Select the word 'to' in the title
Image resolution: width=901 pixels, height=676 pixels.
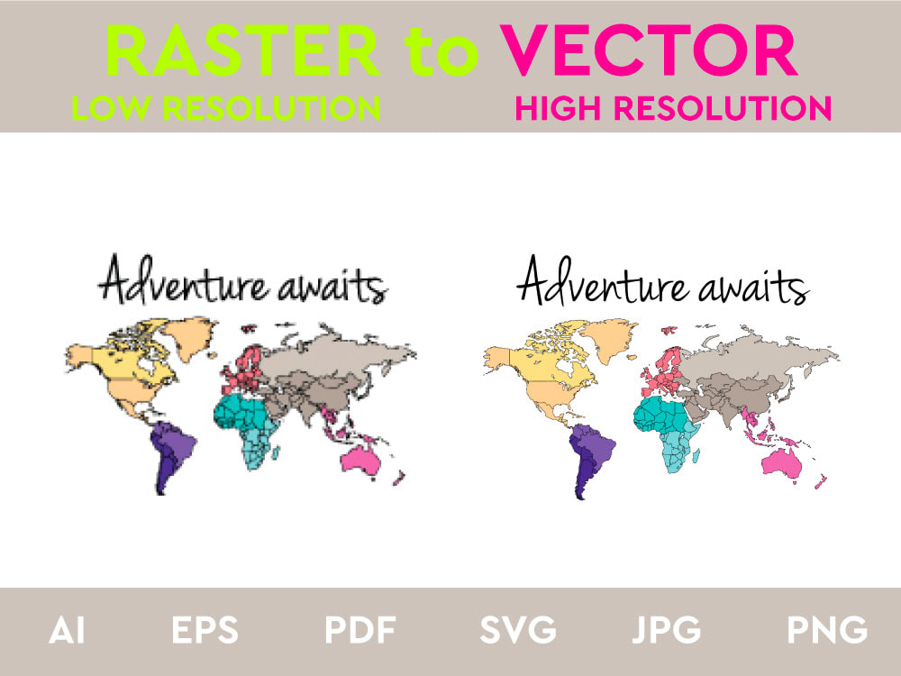pyautogui.click(x=441, y=54)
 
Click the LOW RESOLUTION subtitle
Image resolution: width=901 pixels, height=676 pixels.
pyautogui.click(x=226, y=108)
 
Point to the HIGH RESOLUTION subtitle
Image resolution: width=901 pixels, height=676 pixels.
pyautogui.click(x=673, y=108)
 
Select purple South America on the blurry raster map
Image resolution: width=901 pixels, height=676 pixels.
pyautogui.click(x=172, y=451)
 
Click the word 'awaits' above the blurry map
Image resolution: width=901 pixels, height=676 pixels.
pyautogui.click(x=332, y=288)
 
